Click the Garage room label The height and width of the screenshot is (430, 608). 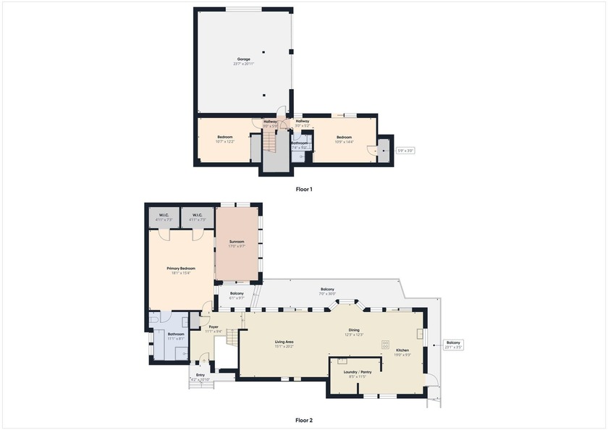243,59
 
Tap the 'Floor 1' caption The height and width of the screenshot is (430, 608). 304,189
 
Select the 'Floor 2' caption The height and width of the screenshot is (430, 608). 304,419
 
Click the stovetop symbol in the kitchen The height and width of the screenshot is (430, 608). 385,345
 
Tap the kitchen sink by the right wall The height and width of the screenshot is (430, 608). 420,334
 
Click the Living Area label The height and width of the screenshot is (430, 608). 283,342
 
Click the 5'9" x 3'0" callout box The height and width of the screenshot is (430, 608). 405,151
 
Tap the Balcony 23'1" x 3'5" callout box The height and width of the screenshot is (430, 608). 453,345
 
